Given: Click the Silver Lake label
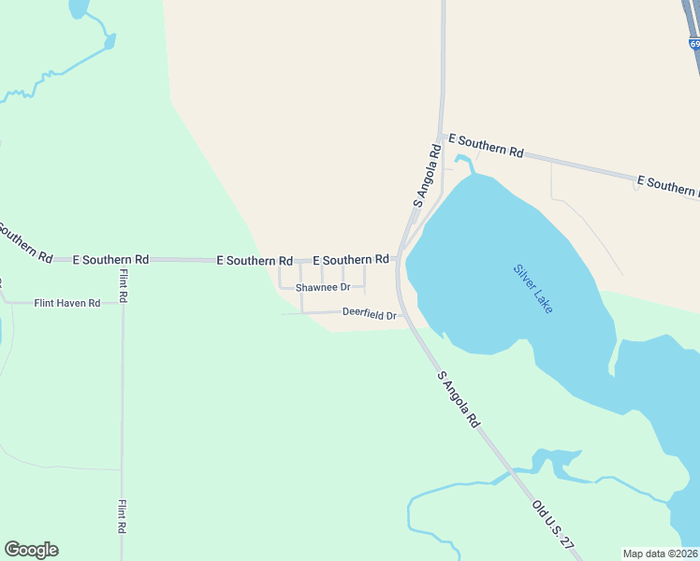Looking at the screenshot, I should point(532,289).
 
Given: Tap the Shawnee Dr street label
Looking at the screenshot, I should point(323,287).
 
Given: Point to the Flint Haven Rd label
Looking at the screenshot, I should point(66,303).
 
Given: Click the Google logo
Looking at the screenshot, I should point(31,550).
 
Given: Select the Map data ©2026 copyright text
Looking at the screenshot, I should point(661,554).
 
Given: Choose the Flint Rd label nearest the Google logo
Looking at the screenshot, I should point(122,516).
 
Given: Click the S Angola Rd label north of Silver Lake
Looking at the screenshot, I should point(427,175).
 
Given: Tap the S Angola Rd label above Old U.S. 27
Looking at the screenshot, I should point(459,399).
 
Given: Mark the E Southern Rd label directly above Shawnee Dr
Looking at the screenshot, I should point(351,259).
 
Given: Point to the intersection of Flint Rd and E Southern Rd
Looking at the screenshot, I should point(122,259).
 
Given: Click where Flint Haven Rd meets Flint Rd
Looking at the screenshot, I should point(122,303).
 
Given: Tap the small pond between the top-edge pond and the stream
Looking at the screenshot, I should point(109,41).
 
